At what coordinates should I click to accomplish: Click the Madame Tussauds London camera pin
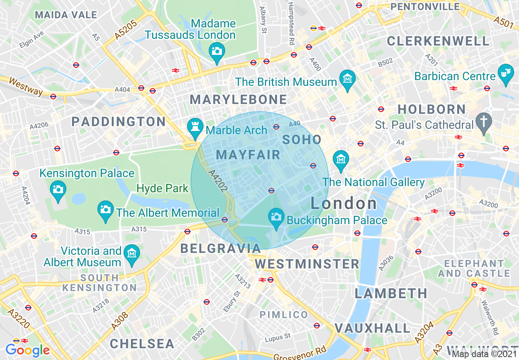217,52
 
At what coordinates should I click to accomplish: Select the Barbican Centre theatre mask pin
505,73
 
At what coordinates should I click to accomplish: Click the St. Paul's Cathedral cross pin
483,122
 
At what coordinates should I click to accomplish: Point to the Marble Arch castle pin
194,127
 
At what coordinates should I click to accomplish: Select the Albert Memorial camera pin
106,210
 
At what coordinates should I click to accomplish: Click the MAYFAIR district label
248,155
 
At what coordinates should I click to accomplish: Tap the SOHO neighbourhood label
302,139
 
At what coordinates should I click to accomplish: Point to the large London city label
344,203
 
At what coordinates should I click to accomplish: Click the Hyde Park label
162,189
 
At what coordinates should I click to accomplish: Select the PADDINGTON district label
118,122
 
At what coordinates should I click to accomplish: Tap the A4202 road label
217,181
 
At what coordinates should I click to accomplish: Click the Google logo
27,350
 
